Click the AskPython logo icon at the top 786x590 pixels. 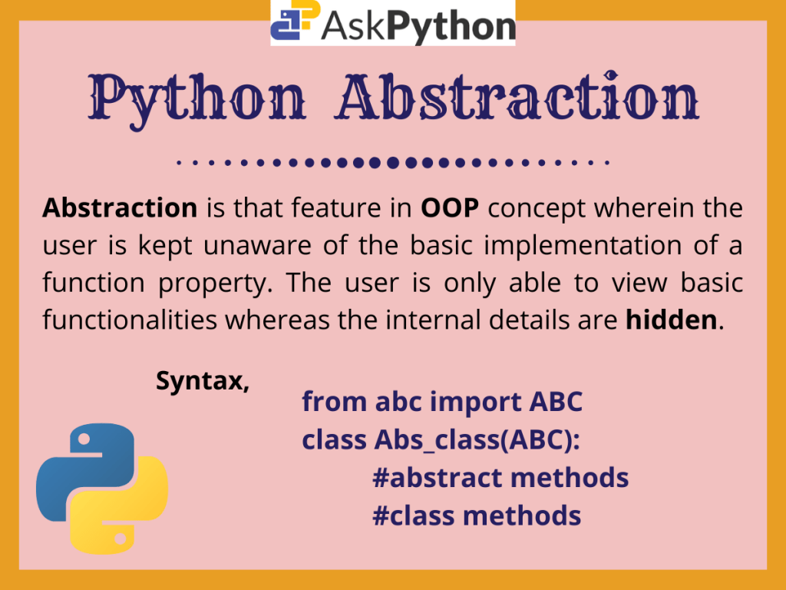click(x=296, y=20)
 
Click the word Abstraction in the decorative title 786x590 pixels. click(x=518, y=97)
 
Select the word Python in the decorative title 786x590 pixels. click(x=197, y=101)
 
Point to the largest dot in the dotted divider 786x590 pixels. click(x=392, y=163)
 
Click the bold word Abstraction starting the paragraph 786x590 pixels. click(x=120, y=207)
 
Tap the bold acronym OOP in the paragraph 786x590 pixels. click(x=450, y=207)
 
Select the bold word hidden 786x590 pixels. click(x=671, y=320)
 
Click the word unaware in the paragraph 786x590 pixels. click(x=257, y=245)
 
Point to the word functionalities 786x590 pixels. click(x=130, y=320)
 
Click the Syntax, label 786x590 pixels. click(x=203, y=381)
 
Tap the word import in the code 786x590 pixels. click(x=476, y=403)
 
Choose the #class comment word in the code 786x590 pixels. click(x=414, y=515)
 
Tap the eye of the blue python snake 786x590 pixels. click(x=84, y=439)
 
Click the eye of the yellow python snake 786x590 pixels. click(x=121, y=539)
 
